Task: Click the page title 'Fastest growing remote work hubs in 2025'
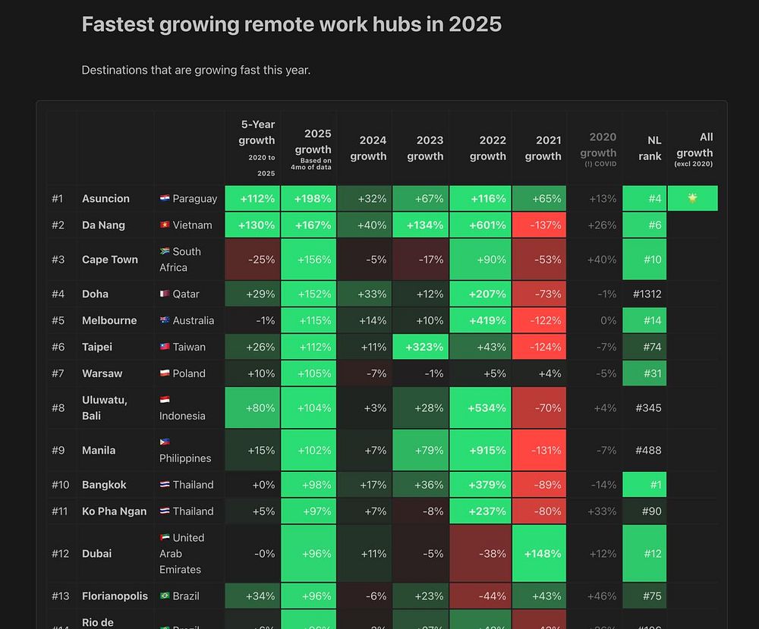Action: pos(291,24)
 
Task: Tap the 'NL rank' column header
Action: pos(653,148)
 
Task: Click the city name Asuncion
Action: pos(106,199)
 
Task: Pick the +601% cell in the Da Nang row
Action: pos(480,225)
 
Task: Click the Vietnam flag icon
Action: pos(164,225)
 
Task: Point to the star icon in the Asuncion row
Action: pos(692,198)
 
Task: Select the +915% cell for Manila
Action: pos(480,450)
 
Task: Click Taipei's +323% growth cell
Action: pos(420,347)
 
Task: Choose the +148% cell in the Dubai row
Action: pos(539,554)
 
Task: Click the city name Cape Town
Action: pos(110,259)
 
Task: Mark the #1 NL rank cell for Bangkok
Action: pos(644,485)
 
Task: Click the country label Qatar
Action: pos(186,294)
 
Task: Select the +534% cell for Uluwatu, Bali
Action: pos(480,408)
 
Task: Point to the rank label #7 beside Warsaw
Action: pos(58,373)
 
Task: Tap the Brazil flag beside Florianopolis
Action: pos(164,596)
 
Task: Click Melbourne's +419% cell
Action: pos(480,320)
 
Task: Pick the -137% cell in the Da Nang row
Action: pos(539,225)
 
